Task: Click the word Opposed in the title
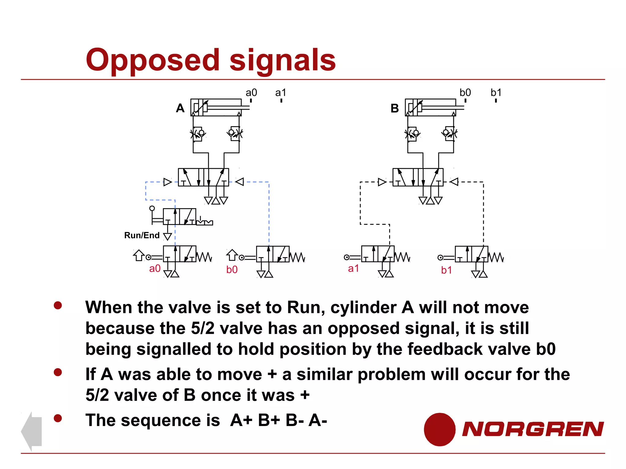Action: (152, 60)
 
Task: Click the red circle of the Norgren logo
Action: (439, 429)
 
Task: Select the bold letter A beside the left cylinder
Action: (180, 108)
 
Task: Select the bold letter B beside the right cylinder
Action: (395, 108)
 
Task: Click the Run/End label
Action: (142, 235)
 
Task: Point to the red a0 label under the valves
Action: (155, 269)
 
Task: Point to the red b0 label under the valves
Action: (232, 270)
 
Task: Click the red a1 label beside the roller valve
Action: (353, 269)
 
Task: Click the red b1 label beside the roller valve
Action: (446, 270)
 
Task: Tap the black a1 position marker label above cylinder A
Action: (281, 93)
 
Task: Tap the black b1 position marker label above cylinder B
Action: (496, 93)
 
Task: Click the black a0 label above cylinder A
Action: (251, 93)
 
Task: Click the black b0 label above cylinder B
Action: (465, 93)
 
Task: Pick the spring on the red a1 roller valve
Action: (403, 257)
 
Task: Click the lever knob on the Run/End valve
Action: (152, 209)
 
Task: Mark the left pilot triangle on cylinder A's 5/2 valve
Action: (168, 182)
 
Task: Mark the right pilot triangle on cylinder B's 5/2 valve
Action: (454, 182)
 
